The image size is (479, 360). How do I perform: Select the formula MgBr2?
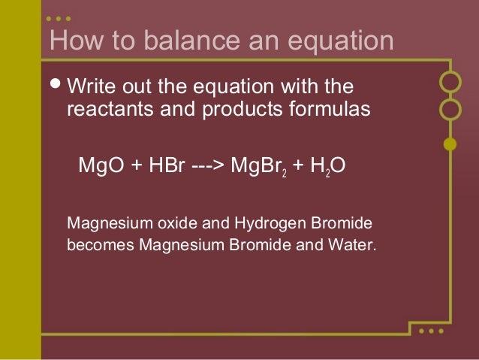(258, 165)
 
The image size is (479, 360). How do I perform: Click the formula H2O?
(327, 165)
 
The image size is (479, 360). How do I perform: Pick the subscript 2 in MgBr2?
(283, 170)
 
